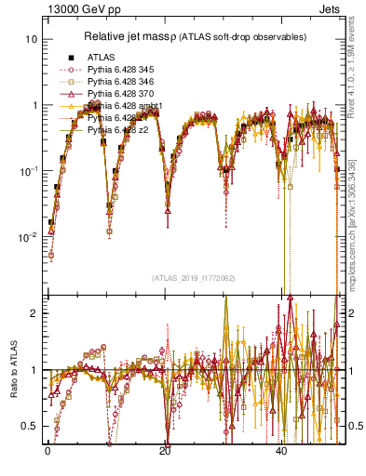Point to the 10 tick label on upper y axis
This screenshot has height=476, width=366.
(x=31, y=40)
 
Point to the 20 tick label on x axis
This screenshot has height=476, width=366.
(x=165, y=451)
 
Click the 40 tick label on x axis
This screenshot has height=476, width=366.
(x=282, y=451)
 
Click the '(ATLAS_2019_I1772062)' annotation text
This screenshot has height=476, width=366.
(x=192, y=277)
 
